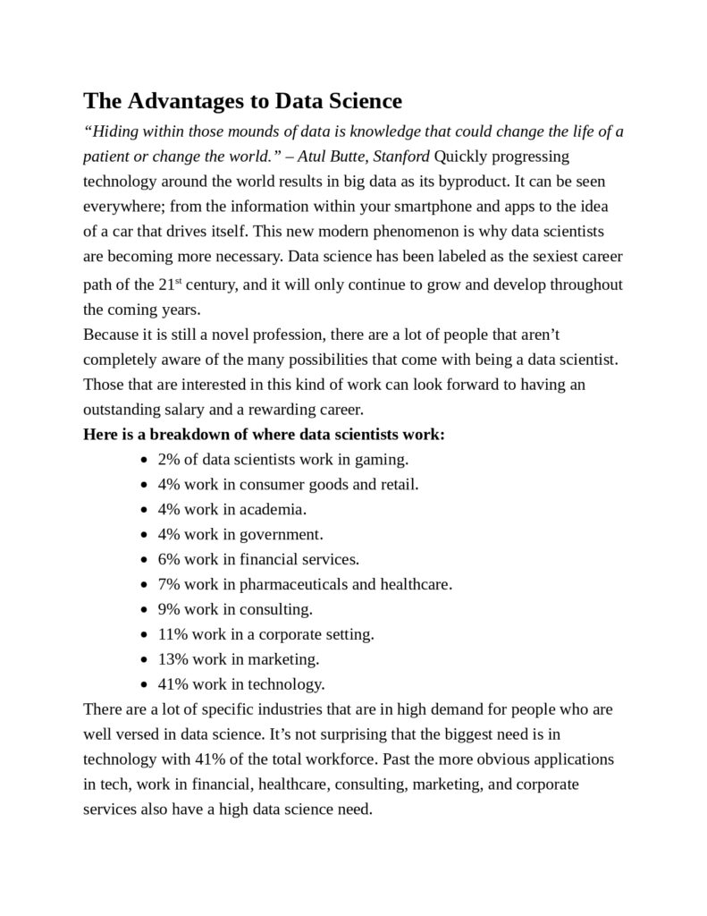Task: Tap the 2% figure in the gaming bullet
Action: click(169, 460)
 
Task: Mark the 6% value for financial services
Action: click(169, 559)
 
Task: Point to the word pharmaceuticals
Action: click(297, 584)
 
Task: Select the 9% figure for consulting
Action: click(169, 609)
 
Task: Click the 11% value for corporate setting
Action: click(173, 634)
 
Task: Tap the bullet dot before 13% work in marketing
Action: click(145, 660)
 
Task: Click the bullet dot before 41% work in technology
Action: click(145, 685)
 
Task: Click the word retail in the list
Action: click(398, 484)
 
